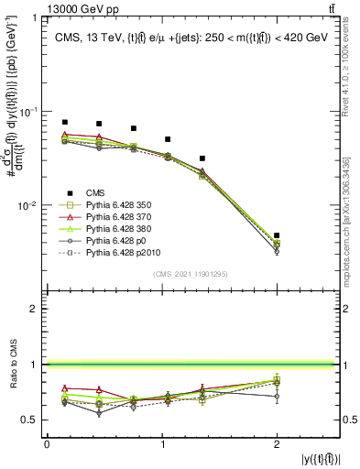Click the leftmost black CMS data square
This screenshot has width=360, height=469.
pos(64,122)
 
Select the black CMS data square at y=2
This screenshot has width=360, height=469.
pos(277,235)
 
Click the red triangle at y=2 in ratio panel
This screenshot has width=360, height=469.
pos(277,380)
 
